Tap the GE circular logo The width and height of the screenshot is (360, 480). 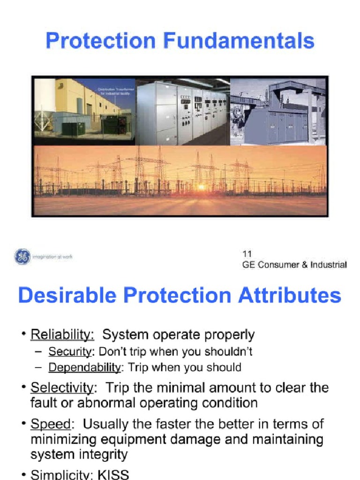pos(22,256)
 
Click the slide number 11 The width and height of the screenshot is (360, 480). pos(247,254)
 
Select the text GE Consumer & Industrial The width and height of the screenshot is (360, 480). pos(294,265)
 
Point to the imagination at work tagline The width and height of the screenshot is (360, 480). pos(52,257)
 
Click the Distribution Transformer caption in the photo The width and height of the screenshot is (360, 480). pos(114,91)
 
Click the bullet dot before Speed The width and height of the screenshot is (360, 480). pos(23,424)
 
